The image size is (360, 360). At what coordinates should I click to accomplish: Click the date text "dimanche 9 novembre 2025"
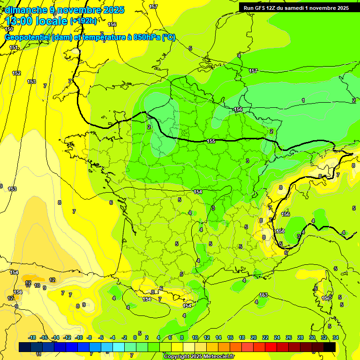[64, 10]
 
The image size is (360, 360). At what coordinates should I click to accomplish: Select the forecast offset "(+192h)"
[83, 21]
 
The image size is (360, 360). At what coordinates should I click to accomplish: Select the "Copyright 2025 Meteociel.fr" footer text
[199, 356]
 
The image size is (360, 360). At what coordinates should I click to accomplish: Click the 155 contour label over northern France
[211, 141]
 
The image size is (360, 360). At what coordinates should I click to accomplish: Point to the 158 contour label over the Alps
[280, 231]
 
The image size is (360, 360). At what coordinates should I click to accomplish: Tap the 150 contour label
[9, 30]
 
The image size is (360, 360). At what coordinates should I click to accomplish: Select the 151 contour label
[14, 48]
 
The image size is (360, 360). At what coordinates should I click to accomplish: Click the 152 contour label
[16, 73]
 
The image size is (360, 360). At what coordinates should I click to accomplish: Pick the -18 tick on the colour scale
[32, 337]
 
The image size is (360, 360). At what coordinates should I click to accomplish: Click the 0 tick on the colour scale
[135, 337]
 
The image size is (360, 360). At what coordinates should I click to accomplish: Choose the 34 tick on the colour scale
[336, 337]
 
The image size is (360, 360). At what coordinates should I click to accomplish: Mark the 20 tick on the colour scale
[254, 337]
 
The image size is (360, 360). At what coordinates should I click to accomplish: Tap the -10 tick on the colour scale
[79, 337]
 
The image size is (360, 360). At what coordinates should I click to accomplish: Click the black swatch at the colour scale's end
[330, 347]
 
